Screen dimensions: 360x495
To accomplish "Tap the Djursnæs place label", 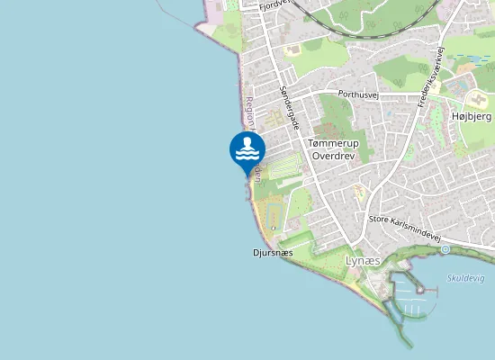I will (274, 253).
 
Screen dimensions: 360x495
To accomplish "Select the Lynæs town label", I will (364, 260).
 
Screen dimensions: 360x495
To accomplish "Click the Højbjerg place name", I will (471, 117).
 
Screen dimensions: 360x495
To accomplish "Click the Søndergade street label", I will (289, 106).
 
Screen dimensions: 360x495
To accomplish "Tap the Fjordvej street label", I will (272, 5).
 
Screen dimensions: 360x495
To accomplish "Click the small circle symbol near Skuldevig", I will (445, 248).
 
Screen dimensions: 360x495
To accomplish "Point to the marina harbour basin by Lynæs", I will (409, 297).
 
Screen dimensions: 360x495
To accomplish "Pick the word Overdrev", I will (333, 156).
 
